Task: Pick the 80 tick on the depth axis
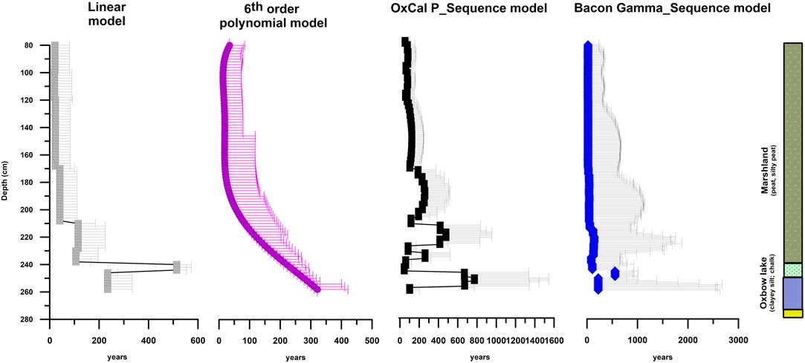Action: (36, 46)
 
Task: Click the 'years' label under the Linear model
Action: (117, 358)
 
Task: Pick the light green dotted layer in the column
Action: (792, 270)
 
